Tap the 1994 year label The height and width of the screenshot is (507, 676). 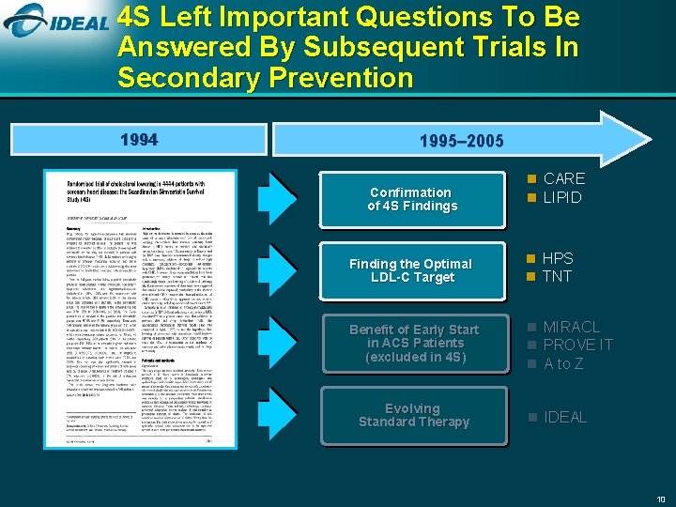[x=139, y=141]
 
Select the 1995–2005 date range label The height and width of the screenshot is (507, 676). [x=461, y=142]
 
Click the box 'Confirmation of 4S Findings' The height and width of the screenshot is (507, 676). [x=412, y=198]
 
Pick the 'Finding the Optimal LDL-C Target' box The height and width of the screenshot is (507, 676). [x=412, y=270]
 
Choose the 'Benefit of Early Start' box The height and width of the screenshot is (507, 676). [x=412, y=343]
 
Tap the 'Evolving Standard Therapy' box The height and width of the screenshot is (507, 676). [x=412, y=415]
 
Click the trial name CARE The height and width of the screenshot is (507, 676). [x=563, y=178]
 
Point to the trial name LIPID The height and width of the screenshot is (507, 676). [x=562, y=197]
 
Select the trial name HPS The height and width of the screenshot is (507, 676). [x=558, y=258]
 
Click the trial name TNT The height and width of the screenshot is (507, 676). [x=557, y=276]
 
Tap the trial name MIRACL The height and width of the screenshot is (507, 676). [x=571, y=326]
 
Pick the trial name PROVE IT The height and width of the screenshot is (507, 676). [x=577, y=345]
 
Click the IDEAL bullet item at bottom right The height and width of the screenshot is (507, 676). [x=565, y=417]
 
